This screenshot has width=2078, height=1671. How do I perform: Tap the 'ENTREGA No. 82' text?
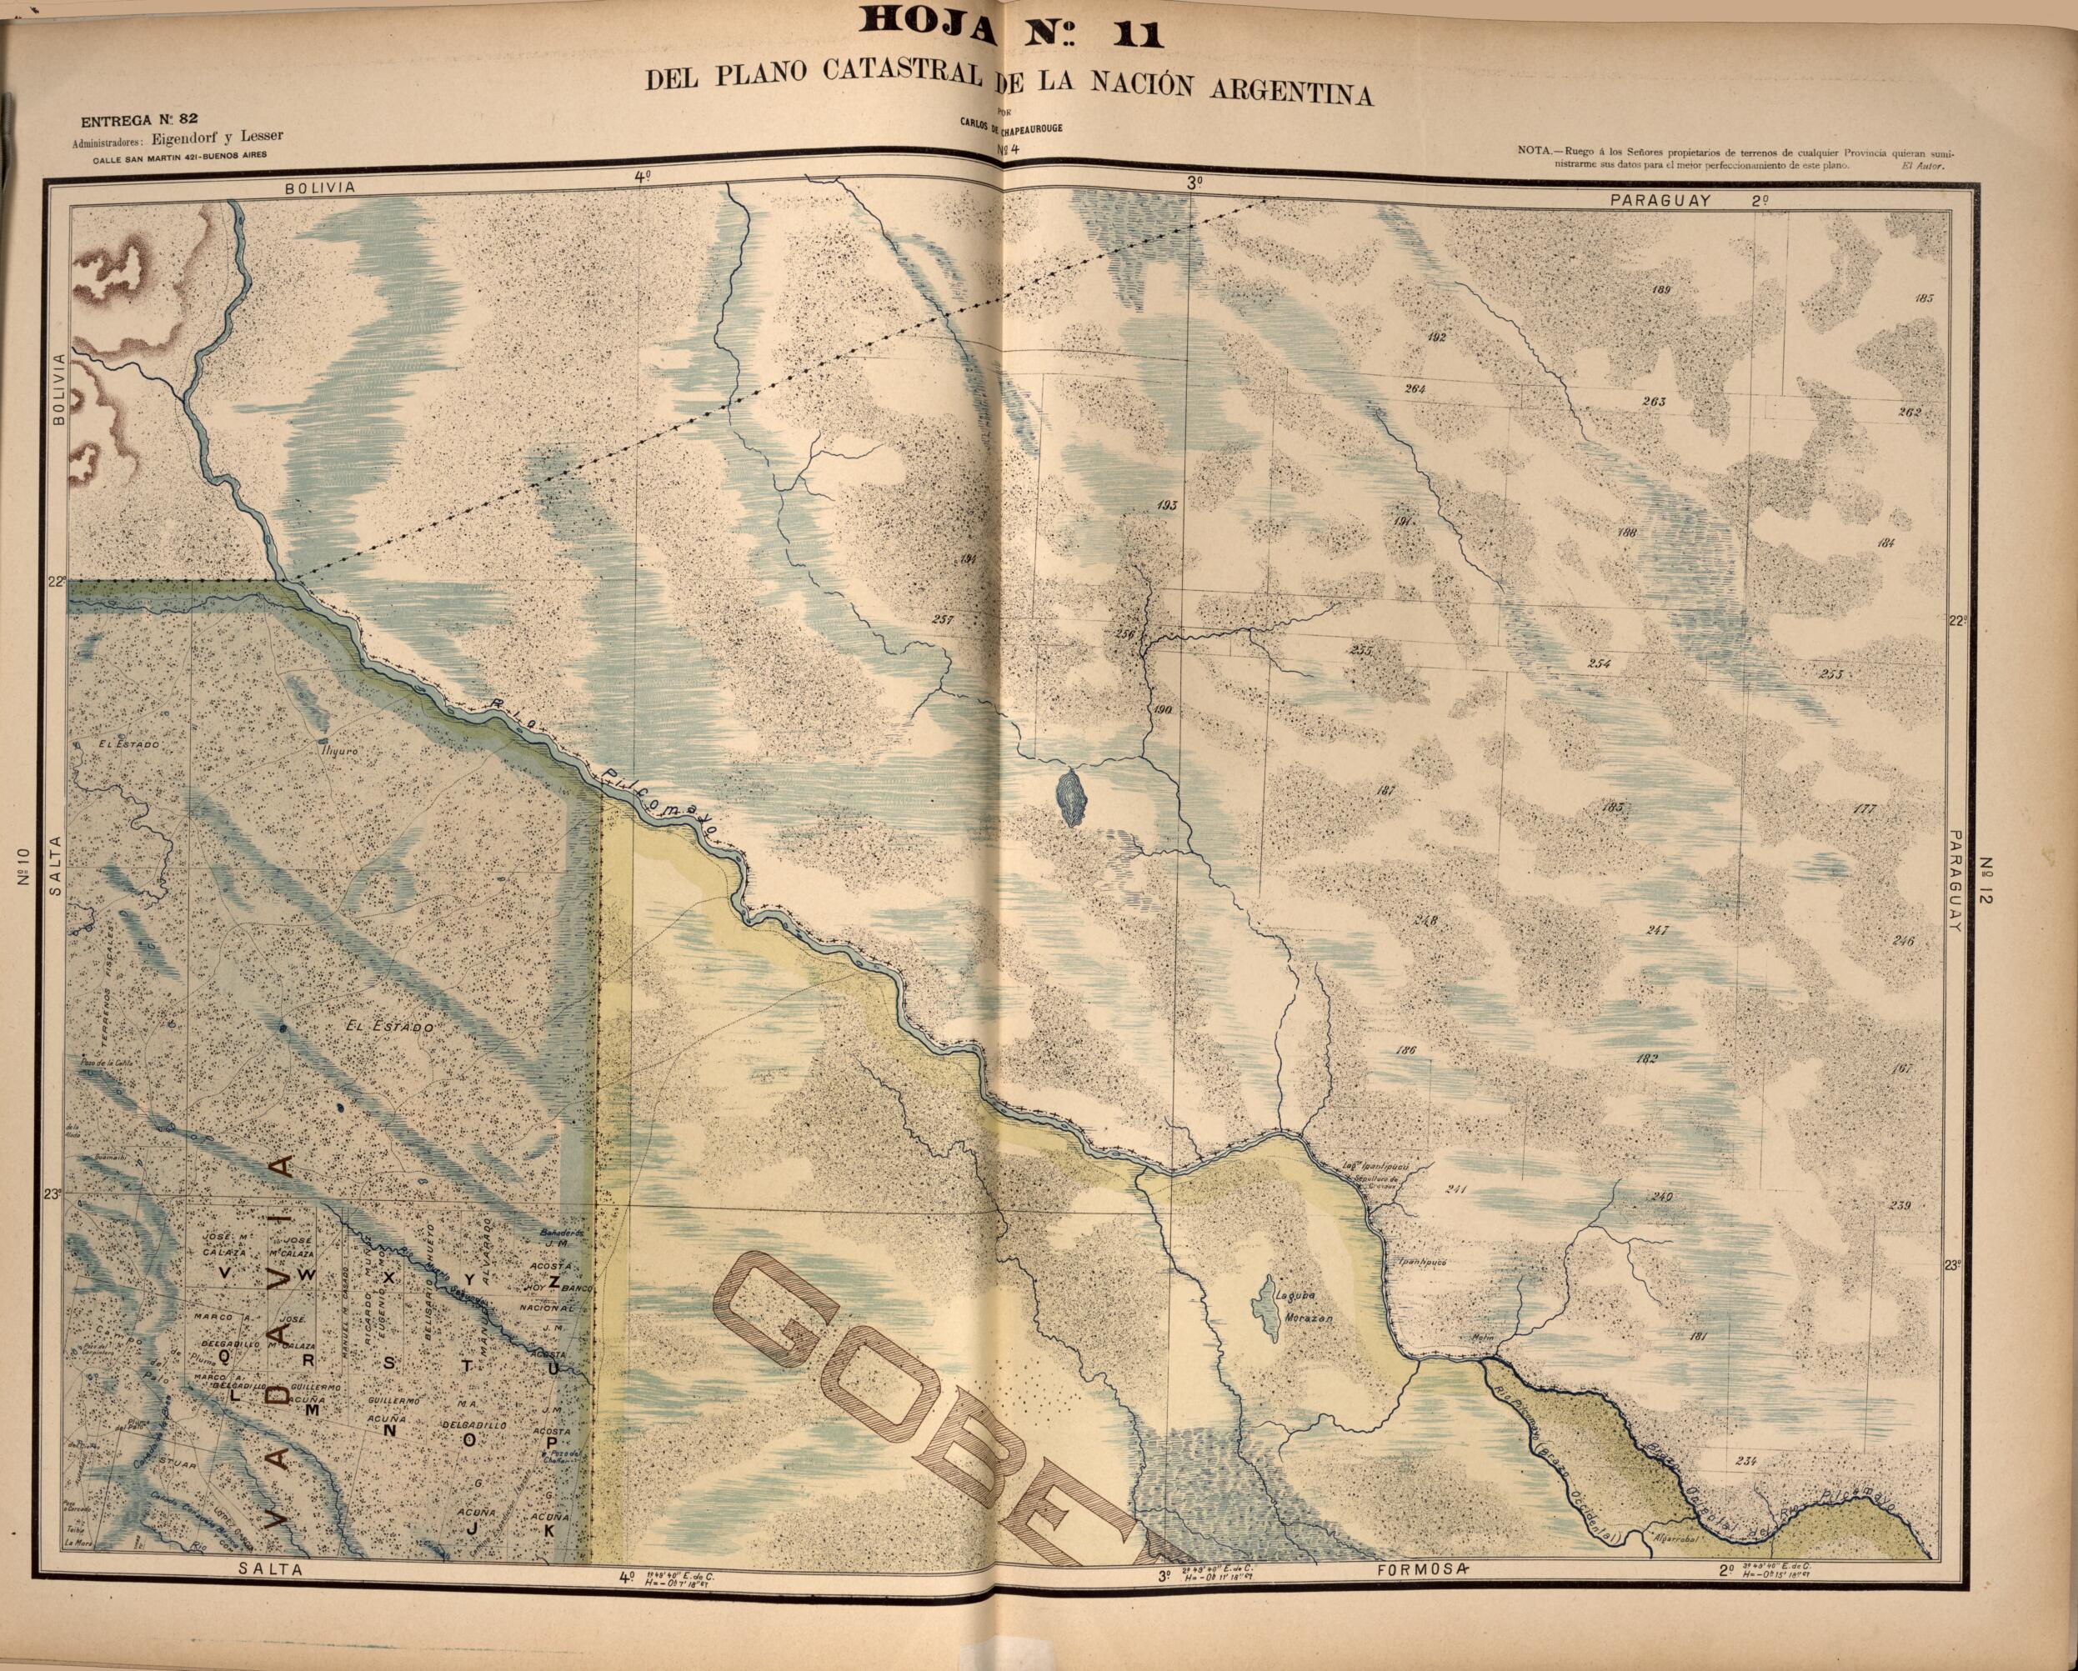(139, 121)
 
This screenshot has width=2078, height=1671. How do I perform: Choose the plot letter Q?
(223, 1356)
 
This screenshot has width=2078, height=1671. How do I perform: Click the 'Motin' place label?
(1480, 1338)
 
